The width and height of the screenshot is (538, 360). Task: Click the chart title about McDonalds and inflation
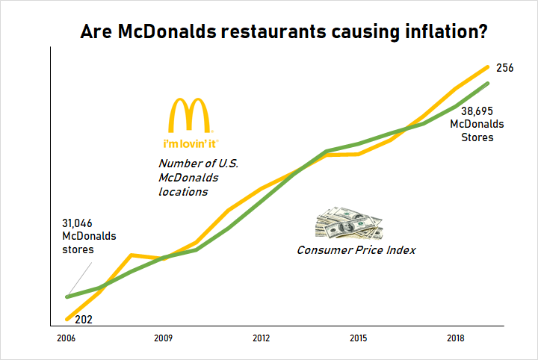pyautogui.click(x=284, y=32)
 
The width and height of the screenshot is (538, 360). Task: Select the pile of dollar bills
pyautogui.click(x=348, y=223)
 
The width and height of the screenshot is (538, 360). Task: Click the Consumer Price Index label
pyautogui.click(x=356, y=250)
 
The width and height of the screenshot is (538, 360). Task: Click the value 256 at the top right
pyautogui.click(x=505, y=68)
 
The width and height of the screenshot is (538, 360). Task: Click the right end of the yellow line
pyautogui.click(x=488, y=66)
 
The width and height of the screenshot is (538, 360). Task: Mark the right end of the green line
pyautogui.click(x=488, y=83)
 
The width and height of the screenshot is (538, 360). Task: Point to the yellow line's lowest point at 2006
pyautogui.click(x=67, y=319)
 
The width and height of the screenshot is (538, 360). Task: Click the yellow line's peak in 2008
pyautogui.click(x=132, y=255)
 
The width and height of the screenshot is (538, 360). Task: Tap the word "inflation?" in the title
pyautogui.click(x=448, y=32)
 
